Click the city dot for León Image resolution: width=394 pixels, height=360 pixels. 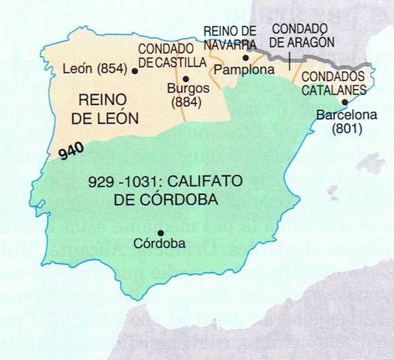click(x=135, y=71)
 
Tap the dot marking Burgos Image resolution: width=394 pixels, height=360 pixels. click(x=185, y=77)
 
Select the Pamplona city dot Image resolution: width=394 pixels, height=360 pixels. click(x=246, y=57)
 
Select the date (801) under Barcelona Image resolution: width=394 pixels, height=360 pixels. click(x=347, y=128)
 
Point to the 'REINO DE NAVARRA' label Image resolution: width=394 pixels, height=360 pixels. click(x=231, y=35)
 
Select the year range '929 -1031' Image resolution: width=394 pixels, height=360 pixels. click(x=124, y=181)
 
